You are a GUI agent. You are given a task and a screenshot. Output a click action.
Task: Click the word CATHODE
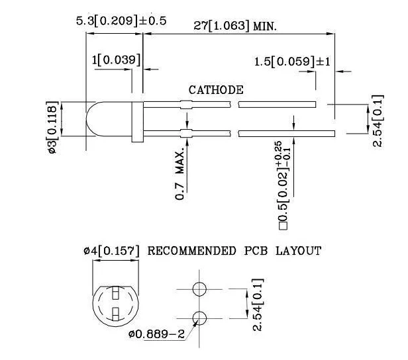click(x=216, y=90)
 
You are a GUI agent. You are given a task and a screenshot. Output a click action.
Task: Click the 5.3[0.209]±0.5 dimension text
click(x=121, y=21)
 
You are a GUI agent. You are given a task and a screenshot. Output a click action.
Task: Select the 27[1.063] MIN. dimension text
click(x=235, y=26)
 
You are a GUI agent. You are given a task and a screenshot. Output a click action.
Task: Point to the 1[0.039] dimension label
click(x=116, y=60)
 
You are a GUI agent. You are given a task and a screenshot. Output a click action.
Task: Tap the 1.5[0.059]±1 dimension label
click(x=292, y=62)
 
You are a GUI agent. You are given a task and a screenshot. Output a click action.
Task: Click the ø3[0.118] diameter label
click(x=52, y=127)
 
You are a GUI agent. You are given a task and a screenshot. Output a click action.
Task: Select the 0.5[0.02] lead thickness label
click(x=283, y=185)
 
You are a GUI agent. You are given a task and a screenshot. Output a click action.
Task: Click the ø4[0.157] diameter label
click(x=112, y=251)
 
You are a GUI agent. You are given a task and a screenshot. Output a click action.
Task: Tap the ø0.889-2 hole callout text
click(x=156, y=334)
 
